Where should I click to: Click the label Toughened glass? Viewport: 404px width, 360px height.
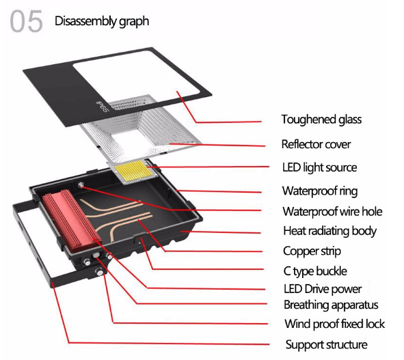pos(321,120)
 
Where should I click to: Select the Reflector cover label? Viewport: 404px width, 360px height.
pos(316,144)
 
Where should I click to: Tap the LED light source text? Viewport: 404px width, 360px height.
pos(319,167)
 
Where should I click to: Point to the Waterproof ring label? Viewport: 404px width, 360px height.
pos(320,191)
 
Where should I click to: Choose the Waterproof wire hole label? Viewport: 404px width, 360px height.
pos(332,212)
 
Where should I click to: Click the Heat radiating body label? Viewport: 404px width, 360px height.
pos(329,232)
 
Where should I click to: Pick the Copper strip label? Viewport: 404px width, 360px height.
pos(312,251)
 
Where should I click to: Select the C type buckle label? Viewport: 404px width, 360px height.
pos(315,271)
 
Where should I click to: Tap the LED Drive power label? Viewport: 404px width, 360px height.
pos(323,289)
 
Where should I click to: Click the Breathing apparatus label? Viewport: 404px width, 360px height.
pos(331,305)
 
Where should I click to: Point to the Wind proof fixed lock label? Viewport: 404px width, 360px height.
pos(334,324)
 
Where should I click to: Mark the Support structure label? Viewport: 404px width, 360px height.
pos(327,344)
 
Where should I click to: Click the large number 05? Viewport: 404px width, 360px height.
pos(26,21)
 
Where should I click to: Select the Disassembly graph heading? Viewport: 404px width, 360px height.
pos(102,21)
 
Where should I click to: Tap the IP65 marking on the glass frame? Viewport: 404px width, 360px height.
pos(103,106)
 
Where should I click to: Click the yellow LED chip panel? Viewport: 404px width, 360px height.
pos(133,171)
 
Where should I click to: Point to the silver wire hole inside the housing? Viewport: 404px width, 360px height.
pos(81,184)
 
